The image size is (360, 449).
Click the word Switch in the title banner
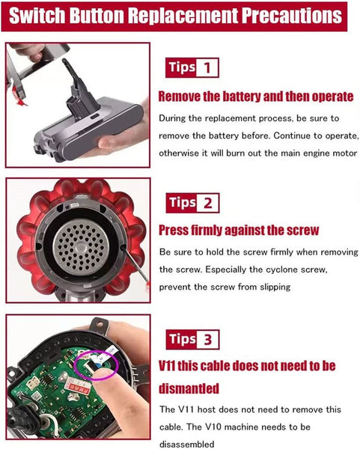(37, 16)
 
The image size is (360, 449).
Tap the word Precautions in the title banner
(292, 16)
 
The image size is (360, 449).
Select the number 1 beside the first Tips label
(207, 68)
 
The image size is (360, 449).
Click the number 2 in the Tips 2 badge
(207, 204)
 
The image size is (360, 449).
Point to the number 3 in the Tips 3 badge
(207, 340)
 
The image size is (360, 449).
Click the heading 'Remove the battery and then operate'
(256, 97)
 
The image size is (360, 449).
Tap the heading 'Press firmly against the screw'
(239, 230)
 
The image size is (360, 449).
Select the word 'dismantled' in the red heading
(189, 388)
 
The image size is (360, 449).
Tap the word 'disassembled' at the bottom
(186, 444)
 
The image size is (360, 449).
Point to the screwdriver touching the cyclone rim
(135, 266)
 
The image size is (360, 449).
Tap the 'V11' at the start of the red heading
(167, 366)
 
